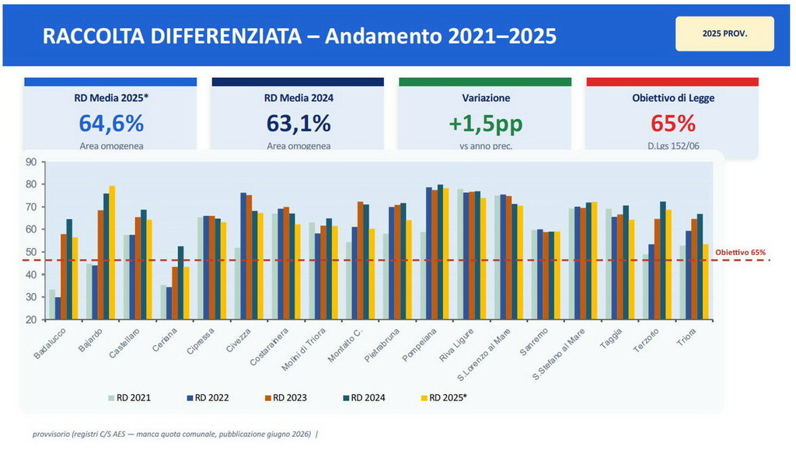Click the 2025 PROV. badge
click(x=724, y=34)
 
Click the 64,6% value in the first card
click(x=110, y=123)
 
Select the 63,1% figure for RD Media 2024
click(x=298, y=123)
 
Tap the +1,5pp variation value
click(x=485, y=123)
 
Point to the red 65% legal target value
click(x=673, y=123)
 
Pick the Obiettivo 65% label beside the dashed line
click(x=741, y=253)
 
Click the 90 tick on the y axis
click(x=31, y=162)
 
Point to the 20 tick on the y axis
click(x=31, y=320)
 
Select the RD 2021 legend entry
click(x=129, y=398)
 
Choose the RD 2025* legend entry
click(x=444, y=398)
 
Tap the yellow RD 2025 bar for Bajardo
click(x=112, y=253)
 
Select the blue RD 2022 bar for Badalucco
click(x=58, y=308)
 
